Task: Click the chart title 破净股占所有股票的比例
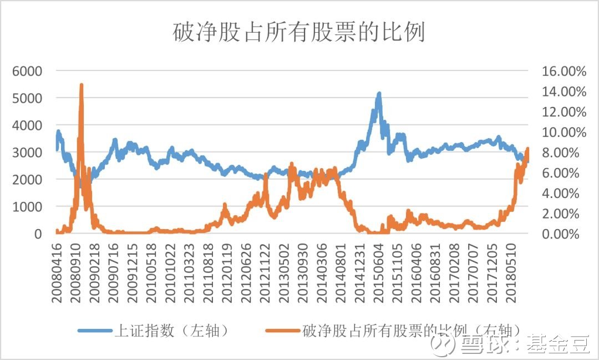tap(299, 33)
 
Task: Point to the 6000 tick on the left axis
tap(27, 71)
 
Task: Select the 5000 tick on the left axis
tap(27, 98)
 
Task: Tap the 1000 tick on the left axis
tap(27, 207)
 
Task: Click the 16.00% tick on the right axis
tap(564, 72)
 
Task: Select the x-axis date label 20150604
tap(380, 272)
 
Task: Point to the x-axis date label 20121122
tap(266, 272)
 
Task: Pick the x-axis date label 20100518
tap(151, 272)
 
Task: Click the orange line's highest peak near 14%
tap(82, 85)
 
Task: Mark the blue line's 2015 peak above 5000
tap(379, 94)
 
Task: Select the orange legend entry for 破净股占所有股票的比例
tap(410, 331)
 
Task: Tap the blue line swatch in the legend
tap(94, 331)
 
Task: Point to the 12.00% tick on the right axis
tap(564, 112)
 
